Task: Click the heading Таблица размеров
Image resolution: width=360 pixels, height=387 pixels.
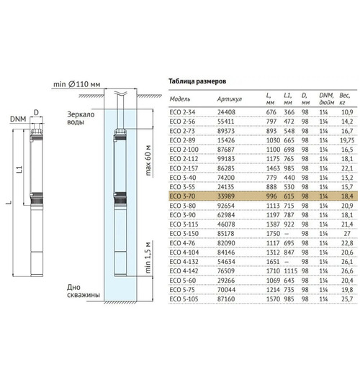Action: coord(197,81)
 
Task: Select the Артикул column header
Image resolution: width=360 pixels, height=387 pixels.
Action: coord(230,99)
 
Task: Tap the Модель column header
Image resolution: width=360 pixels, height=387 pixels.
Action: coord(180,99)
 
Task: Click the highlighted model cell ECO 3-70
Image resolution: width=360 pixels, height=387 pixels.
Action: coord(182,196)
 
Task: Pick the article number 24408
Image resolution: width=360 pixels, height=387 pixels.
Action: coord(226,112)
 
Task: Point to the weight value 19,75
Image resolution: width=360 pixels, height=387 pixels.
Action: coord(347,140)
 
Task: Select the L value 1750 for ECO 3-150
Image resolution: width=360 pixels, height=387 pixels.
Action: coord(273,234)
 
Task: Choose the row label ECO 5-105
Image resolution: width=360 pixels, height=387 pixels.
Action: coord(184,299)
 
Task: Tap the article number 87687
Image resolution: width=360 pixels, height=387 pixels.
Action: coord(226,150)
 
